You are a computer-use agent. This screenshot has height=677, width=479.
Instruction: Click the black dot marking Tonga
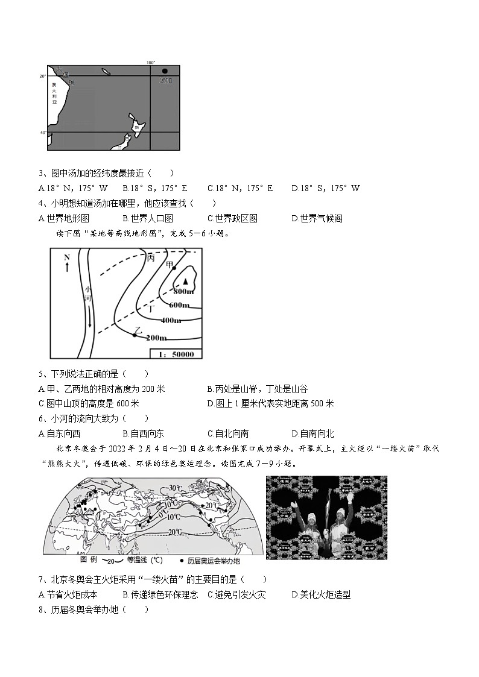pos(164,71)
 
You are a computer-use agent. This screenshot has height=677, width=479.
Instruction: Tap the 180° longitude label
pos(151,63)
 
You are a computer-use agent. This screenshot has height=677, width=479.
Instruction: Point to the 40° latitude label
pos(43,132)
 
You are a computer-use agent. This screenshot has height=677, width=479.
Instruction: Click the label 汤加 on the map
pos(165,80)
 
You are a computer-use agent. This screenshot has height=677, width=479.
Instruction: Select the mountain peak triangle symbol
pos(186,281)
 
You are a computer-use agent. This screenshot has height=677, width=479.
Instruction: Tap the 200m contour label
pos(156,337)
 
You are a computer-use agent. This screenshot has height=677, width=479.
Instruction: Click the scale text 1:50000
pos(175,353)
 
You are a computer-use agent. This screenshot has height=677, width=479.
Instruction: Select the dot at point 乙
pos(135,335)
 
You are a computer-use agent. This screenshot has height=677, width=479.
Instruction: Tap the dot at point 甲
pos(174,268)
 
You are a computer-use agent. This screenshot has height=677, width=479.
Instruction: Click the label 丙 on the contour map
pos(151,257)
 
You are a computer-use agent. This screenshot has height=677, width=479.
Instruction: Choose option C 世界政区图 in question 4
pos(232,218)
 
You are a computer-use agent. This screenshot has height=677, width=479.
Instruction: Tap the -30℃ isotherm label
pos(175,487)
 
